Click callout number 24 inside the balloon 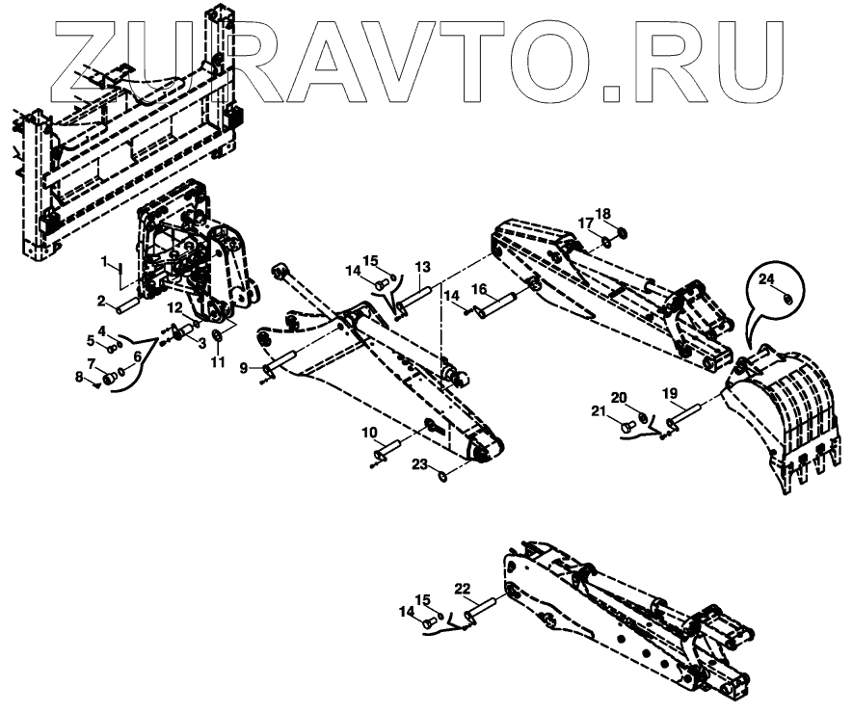pos(766,279)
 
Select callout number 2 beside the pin pos(100,302)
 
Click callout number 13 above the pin pos(422,266)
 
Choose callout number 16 pos(479,289)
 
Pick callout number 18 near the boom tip pos(602,213)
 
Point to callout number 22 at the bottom pos(463,588)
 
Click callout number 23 pos(418,463)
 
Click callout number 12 pos(176,307)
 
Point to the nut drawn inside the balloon pos(786,296)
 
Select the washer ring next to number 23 pos(440,474)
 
